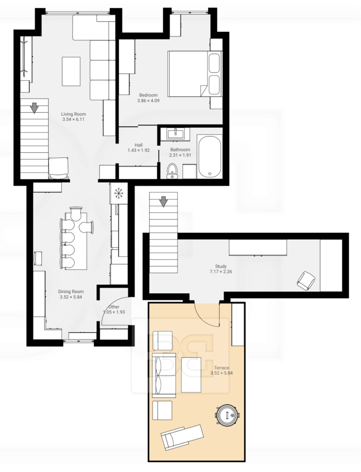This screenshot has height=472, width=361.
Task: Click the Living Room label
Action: click(x=73, y=114)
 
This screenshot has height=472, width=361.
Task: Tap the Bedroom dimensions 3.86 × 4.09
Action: click(x=148, y=101)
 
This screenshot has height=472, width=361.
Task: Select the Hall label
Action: click(x=139, y=145)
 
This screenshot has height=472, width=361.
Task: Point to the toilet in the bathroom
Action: click(x=172, y=171)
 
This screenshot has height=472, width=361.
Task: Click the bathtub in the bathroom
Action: click(x=209, y=157)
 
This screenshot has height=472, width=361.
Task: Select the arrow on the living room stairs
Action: click(x=34, y=108)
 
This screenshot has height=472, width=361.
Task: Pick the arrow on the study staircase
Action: click(x=164, y=202)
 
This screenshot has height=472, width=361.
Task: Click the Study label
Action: click(x=221, y=266)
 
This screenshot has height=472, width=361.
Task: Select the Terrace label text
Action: click(x=222, y=368)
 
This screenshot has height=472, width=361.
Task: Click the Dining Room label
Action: click(x=71, y=292)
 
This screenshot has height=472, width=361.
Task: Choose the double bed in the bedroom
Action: click(x=195, y=74)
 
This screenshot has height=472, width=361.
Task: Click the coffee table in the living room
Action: click(x=71, y=71)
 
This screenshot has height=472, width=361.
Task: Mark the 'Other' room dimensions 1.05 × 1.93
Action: click(x=114, y=312)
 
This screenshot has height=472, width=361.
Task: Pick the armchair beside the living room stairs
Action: click(x=58, y=168)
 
